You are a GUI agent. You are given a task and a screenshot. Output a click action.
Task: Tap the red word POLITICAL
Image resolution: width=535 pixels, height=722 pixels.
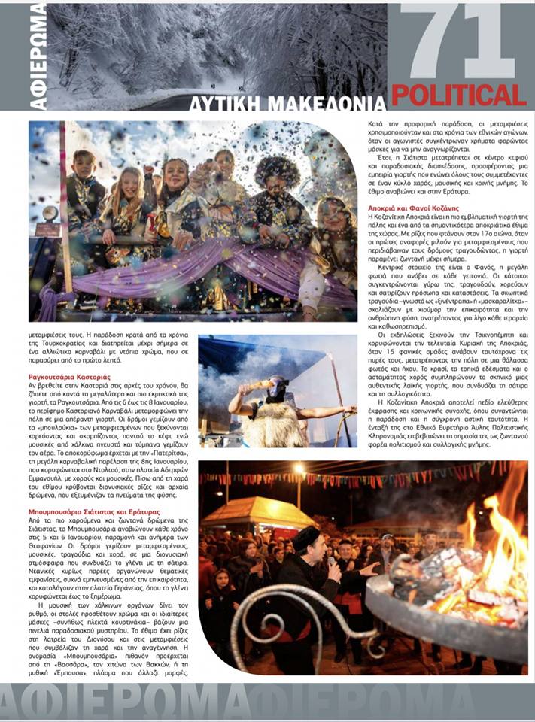pos(459,95)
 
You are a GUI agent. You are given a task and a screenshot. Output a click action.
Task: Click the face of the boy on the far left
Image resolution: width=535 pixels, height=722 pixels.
pos(84,164)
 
